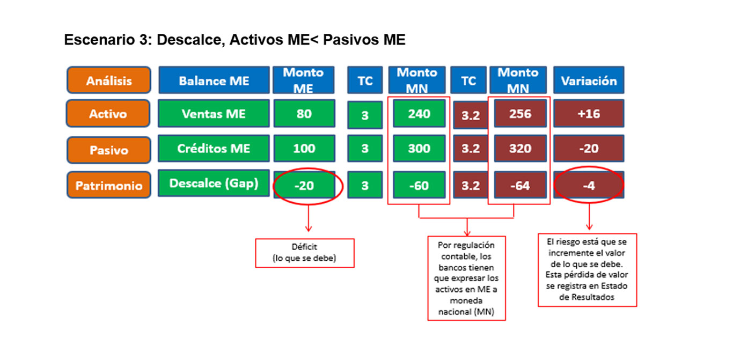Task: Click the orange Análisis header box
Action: (x=108, y=80)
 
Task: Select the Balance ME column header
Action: (x=214, y=80)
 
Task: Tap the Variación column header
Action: (x=589, y=80)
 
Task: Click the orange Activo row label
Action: (x=108, y=114)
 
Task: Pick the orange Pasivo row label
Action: (x=108, y=150)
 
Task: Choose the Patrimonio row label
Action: (x=108, y=185)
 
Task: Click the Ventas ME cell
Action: (x=214, y=114)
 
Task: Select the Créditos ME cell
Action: (x=214, y=148)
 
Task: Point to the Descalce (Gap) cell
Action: (x=214, y=183)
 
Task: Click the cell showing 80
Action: (x=304, y=114)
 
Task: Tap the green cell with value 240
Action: (x=419, y=114)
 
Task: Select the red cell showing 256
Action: (x=521, y=114)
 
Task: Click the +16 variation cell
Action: (x=589, y=114)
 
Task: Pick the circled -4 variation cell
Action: (x=589, y=185)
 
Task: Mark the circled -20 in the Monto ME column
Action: (x=304, y=185)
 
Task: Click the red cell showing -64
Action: (x=521, y=185)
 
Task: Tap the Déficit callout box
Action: (x=305, y=253)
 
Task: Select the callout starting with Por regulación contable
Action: (x=467, y=278)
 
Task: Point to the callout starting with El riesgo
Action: (x=588, y=270)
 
